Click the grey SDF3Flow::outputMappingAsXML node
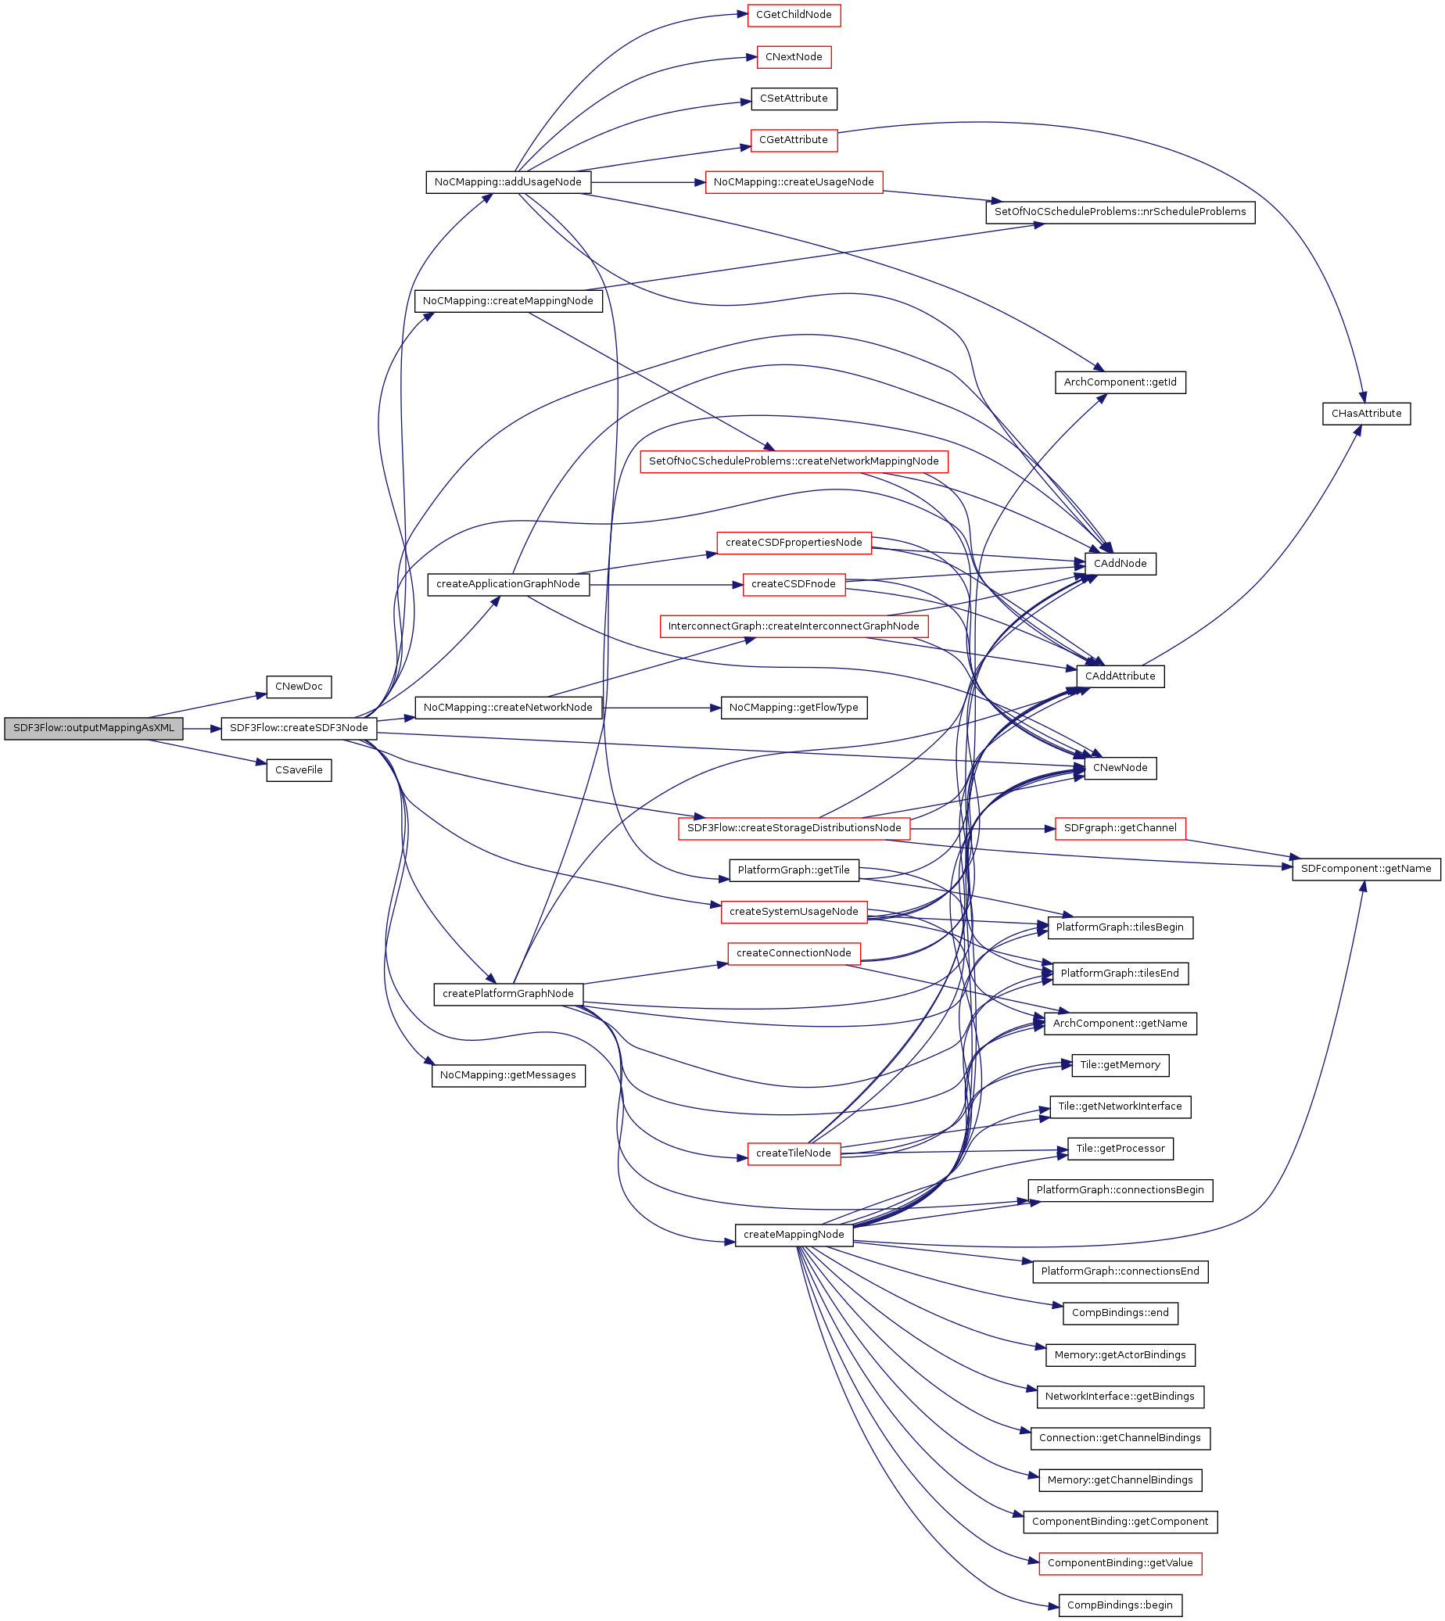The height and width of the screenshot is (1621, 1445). (x=94, y=729)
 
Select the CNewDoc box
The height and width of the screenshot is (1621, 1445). (x=299, y=687)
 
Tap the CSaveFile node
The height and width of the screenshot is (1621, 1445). (x=299, y=770)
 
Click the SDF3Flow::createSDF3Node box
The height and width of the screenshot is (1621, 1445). (x=299, y=729)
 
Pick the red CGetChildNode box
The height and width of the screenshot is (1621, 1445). (x=793, y=15)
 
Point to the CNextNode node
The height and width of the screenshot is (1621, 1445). (x=793, y=57)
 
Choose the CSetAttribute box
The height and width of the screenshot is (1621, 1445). (x=793, y=99)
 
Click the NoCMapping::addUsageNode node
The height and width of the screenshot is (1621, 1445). (x=508, y=182)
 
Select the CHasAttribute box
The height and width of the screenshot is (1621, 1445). (x=1365, y=414)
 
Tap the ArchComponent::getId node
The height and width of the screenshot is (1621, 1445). (x=1120, y=382)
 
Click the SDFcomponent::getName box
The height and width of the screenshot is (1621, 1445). (x=1365, y=870)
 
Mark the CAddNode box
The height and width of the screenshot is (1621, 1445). (x=1120, y=564)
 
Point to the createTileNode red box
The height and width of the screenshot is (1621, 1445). (x=793, y=1153)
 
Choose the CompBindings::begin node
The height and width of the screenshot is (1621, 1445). (x=1120, y=1605)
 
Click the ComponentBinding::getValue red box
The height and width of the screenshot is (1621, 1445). (x=1120, y=1563)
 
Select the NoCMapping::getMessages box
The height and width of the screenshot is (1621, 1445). (x=508, y=1076)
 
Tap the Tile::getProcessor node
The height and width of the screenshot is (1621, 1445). (x=1120, y=1149)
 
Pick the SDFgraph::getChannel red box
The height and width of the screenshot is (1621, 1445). (x=1120, y=828)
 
